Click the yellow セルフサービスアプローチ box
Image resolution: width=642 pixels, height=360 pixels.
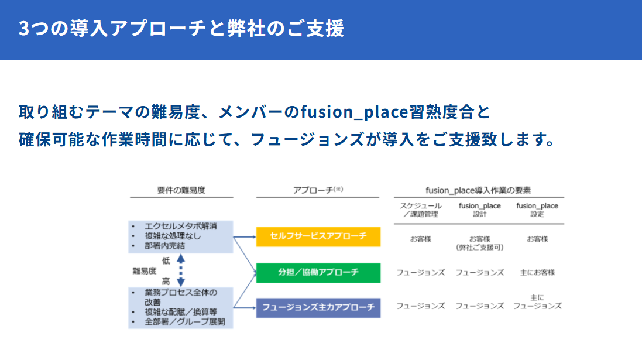(x=318, y=236)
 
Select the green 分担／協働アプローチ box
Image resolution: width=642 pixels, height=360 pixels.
(x=318, y=273)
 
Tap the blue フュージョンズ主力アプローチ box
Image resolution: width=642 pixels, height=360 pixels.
(x=318, y=308)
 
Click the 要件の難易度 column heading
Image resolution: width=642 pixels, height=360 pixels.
(x=181, y=190)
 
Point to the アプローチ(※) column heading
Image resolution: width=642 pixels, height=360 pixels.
(x=318, y=190)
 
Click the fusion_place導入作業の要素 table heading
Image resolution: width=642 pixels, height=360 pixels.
(x=478, y=190)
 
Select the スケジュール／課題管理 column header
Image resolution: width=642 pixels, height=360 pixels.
(x=420, y=210)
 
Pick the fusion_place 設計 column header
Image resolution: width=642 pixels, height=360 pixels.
(x=479, y=210)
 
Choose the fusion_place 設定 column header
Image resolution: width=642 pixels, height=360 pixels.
(x=537, y=210)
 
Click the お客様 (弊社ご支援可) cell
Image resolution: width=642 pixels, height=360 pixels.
(x=479, y=243)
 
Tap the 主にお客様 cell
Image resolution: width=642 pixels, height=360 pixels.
(x=537, y=273)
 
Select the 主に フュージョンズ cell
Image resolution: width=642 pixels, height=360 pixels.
(x=537, y=302)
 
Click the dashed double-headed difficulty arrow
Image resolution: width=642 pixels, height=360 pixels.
(x=181, y=269)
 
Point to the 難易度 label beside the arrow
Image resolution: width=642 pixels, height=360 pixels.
(x=145, y=270)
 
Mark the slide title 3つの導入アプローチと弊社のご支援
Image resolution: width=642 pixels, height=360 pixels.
(x=181, y=29)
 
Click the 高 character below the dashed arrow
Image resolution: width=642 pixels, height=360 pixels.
(x=166, y=281)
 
